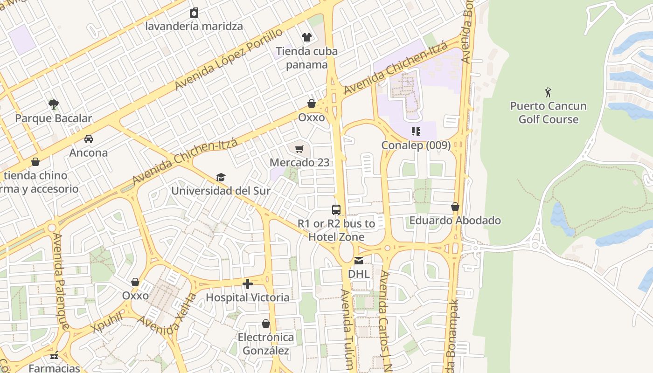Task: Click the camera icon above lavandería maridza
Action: click(x=194, y=13)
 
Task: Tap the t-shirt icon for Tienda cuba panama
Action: click(x=306, y=37)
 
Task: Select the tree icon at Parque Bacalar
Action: click(x=54, y=104)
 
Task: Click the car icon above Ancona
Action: click(x=89, y=139)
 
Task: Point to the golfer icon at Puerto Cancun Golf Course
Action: click(x=548, y=92)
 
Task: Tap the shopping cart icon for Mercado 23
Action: click(x=299, y=149)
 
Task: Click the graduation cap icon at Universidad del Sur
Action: click(x=221, y=177)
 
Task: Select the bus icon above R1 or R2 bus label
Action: click(x=336, y=210)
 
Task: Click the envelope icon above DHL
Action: click(x=359, y=260)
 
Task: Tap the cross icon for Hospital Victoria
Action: click(x=248, y=283)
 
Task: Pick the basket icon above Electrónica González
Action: click(x=266, y=324)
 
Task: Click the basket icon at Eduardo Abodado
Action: click(x=455, y=207)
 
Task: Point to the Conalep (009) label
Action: click(x=416, y=145)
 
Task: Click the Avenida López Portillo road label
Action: click(x=229, y=59)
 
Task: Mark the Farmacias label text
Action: click(x=55, y=368)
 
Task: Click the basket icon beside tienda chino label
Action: click(x=35, y=162)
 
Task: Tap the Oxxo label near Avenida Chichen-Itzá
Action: click(x=312, y=117)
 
